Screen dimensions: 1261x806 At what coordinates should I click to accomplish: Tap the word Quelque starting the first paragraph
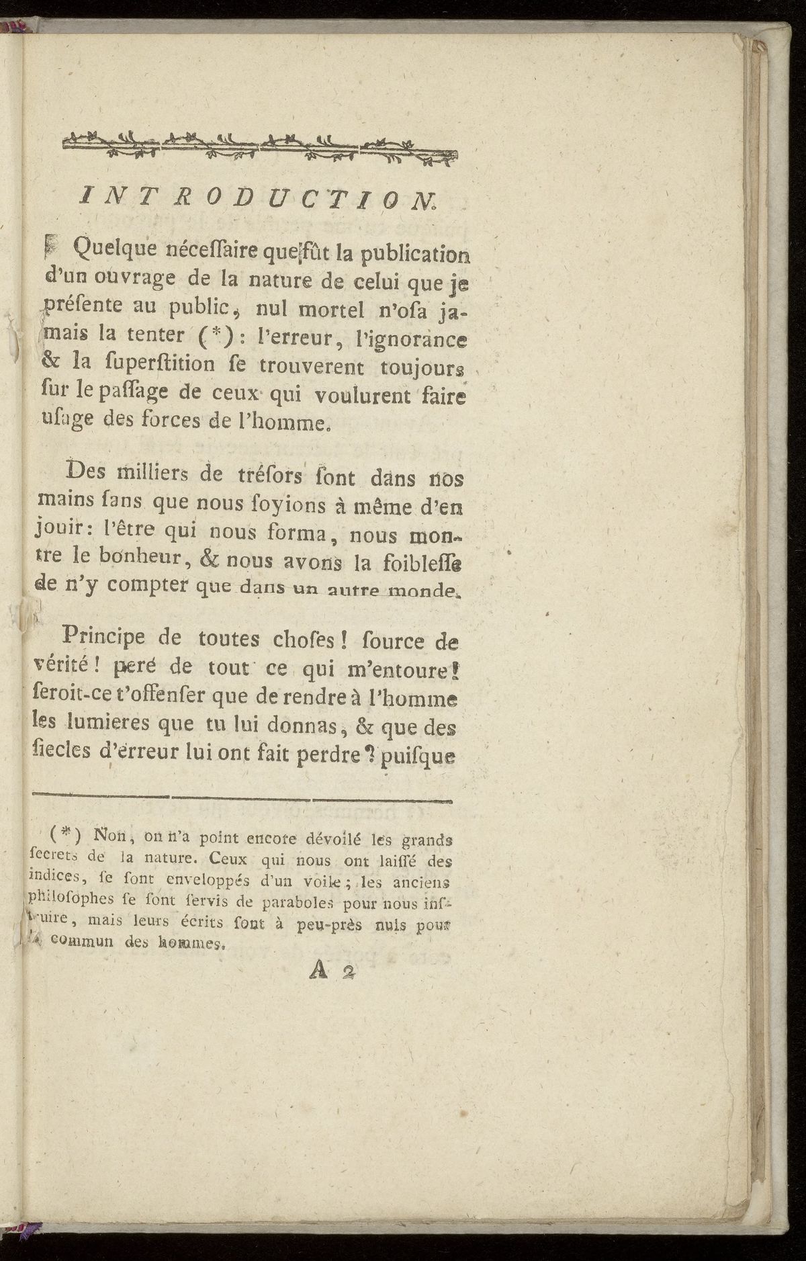pyautogui.click(x=116, y=251)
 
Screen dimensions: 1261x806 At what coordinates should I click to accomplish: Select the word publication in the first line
pyautogui.click(x=414, y=254)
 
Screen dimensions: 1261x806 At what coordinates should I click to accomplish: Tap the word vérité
pyautogui.click(x=64, y=666)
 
